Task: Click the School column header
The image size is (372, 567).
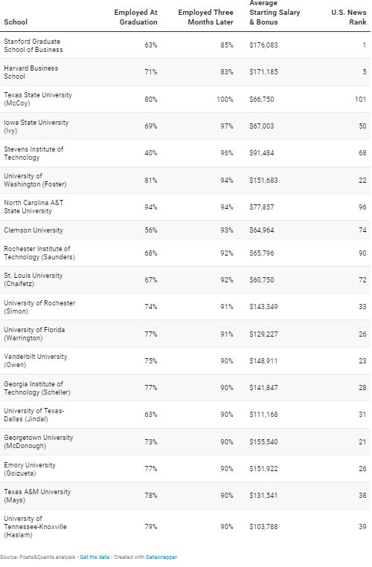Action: pyautogui.click(x=16, y=22)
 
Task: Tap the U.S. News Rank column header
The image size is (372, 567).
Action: pyautogui.click(x=349, y=17)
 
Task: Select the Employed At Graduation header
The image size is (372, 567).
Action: pyautogui.click(x=135, y=17)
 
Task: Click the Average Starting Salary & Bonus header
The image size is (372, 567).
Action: pyautogui.click(x=275, y=13)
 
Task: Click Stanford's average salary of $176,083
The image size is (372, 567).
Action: pyautogui.click(x=263, y=45)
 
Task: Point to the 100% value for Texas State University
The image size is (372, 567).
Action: pyautogui.click(x=225, y=99)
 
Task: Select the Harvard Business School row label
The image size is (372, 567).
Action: pyautogui.click(x=31, y=72)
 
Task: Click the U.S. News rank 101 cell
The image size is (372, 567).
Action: pyautogui.click(x=360, y=99)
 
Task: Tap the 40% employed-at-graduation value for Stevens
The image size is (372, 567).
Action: pyautogui.click(x=151, y=153)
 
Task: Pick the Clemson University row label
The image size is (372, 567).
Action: pyautogui.click(x=33, y=230)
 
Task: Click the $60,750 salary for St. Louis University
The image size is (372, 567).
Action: pyautogui.click(x=262, y=280)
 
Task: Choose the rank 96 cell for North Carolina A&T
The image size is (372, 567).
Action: pyautogui.click(x=362, y=207)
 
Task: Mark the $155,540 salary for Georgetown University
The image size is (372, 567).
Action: pyautogui.click(x=263, y=442)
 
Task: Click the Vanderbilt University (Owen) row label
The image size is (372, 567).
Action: pyautogui.click(x=36, y=360)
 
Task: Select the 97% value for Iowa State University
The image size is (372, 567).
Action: pyautogui.click(x=227, y=126)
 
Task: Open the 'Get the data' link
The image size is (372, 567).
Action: pyautogui.click(x=94, y=557)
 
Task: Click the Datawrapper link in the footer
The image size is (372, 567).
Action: pyautogui.click(x=161, y=557)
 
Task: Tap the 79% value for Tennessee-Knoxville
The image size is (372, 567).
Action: pyautogui.click(x=151, y=527)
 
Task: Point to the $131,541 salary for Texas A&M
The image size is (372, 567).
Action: pyautogui.click(x=263, y=496)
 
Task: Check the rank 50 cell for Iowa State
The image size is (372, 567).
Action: pyautogui.click(x=362, y=126)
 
